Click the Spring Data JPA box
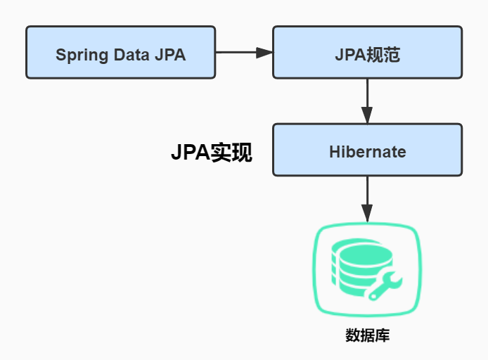[120, 52]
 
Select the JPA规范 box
[367, 52]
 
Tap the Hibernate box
[367, 150]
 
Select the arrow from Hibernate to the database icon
[367, 198]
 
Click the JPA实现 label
[211, 153]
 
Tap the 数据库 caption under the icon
[367, 335]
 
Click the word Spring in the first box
[79, 55]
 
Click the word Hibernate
[367, 151]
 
